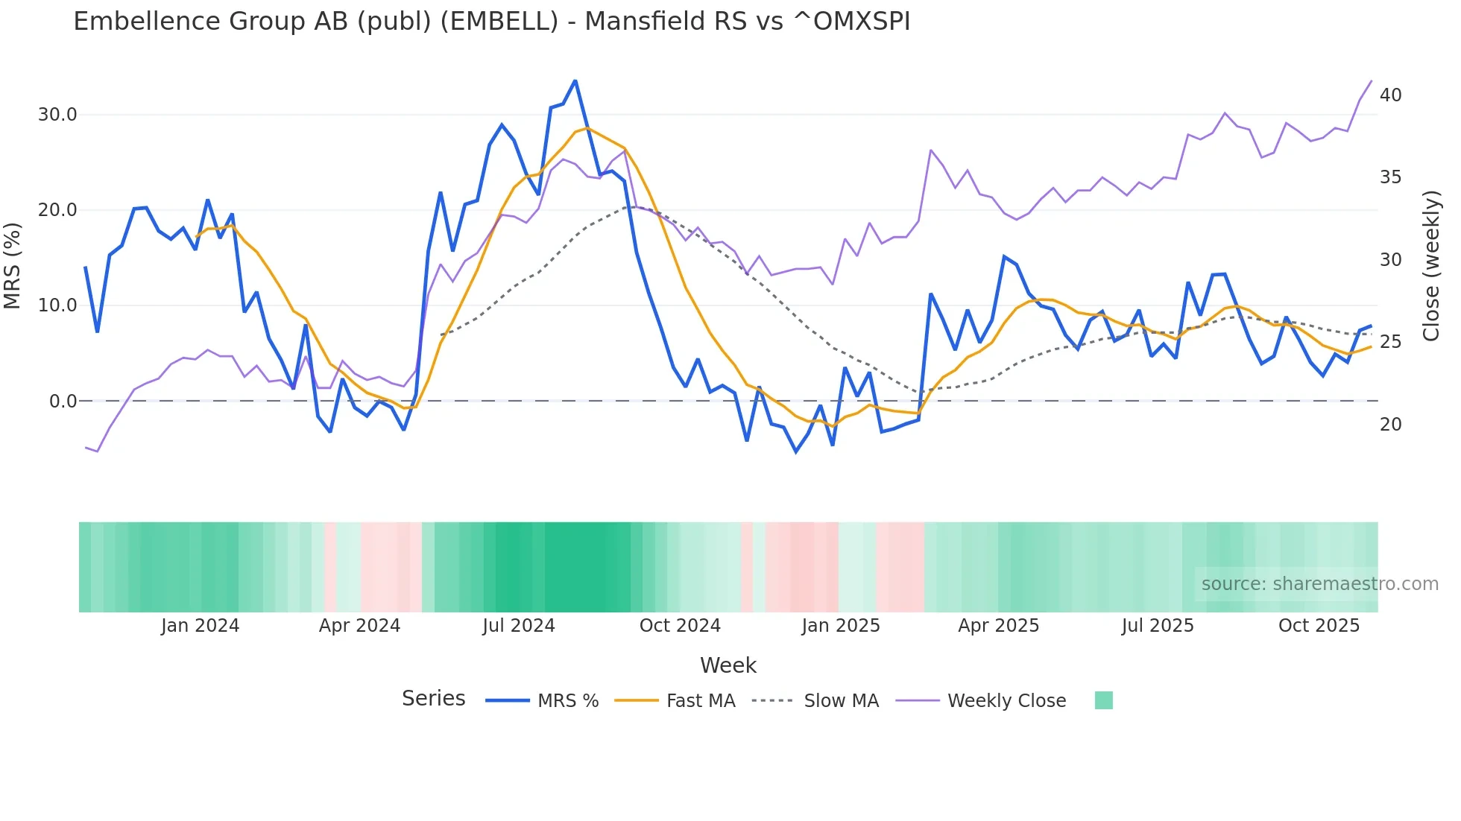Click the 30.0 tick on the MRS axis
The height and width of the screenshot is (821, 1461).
[57, 115]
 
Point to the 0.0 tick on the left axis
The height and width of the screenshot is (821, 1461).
[63, 402]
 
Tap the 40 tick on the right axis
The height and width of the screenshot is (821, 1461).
[1390, 95]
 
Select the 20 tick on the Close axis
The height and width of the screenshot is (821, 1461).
[1390, 425]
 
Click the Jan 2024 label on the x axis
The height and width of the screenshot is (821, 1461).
[200, 626]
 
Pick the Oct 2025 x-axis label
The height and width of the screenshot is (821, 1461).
[1319, 626]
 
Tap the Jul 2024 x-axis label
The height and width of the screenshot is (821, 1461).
[519, 626]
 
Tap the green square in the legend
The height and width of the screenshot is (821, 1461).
[1103, 700]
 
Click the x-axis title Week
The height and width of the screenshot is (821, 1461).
[728, 665]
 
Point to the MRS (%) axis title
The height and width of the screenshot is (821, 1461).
[13, 265]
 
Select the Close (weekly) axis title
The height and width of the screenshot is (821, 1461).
[1430, 265]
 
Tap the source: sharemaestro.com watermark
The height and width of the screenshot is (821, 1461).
[1319, 584]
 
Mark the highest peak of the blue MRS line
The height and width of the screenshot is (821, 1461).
[575, 80]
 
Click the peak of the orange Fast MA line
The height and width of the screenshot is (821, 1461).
[587, 128]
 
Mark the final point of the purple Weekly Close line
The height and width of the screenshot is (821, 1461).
[1371, 81]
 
